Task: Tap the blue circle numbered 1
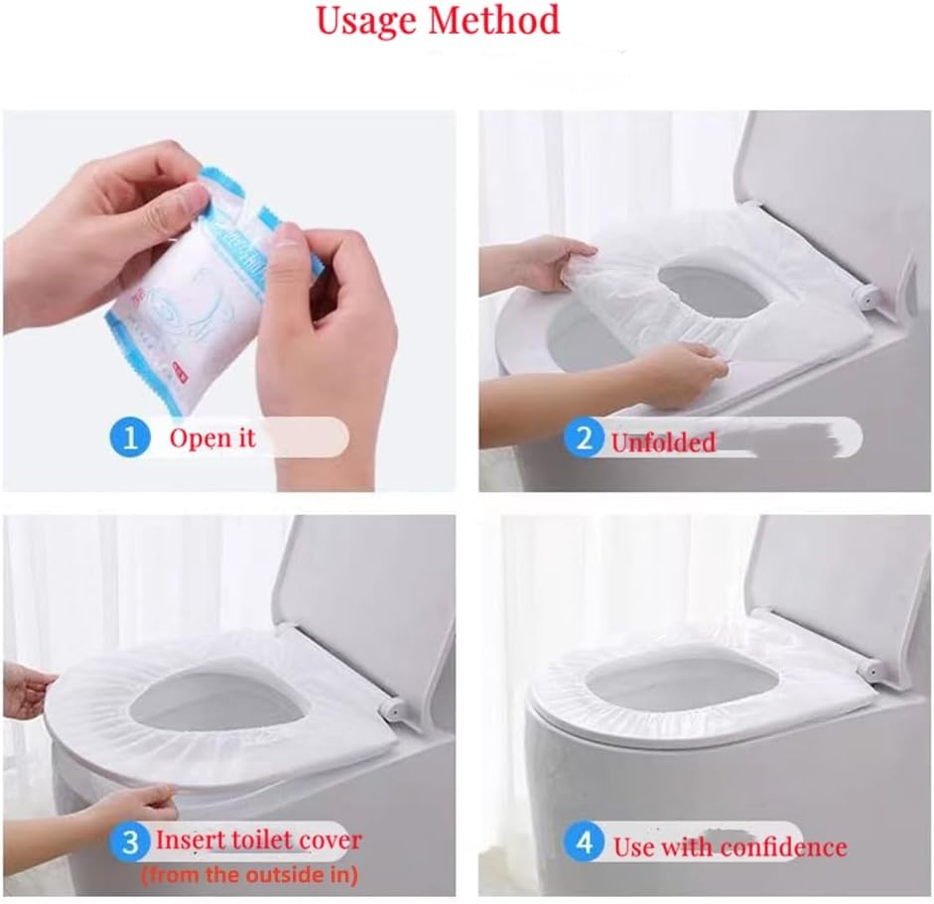pyautogui.click(x=130, y=438)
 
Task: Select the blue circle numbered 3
pyautogui.click(x=130, y=843)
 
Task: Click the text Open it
pyautogui.click(x=212, y=438)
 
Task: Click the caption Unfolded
pyautogui.click(x=663, y=443)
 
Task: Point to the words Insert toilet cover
pyautogui.click(x=259, y=840)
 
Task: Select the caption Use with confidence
pyautogui.click(x=730, y=846)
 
